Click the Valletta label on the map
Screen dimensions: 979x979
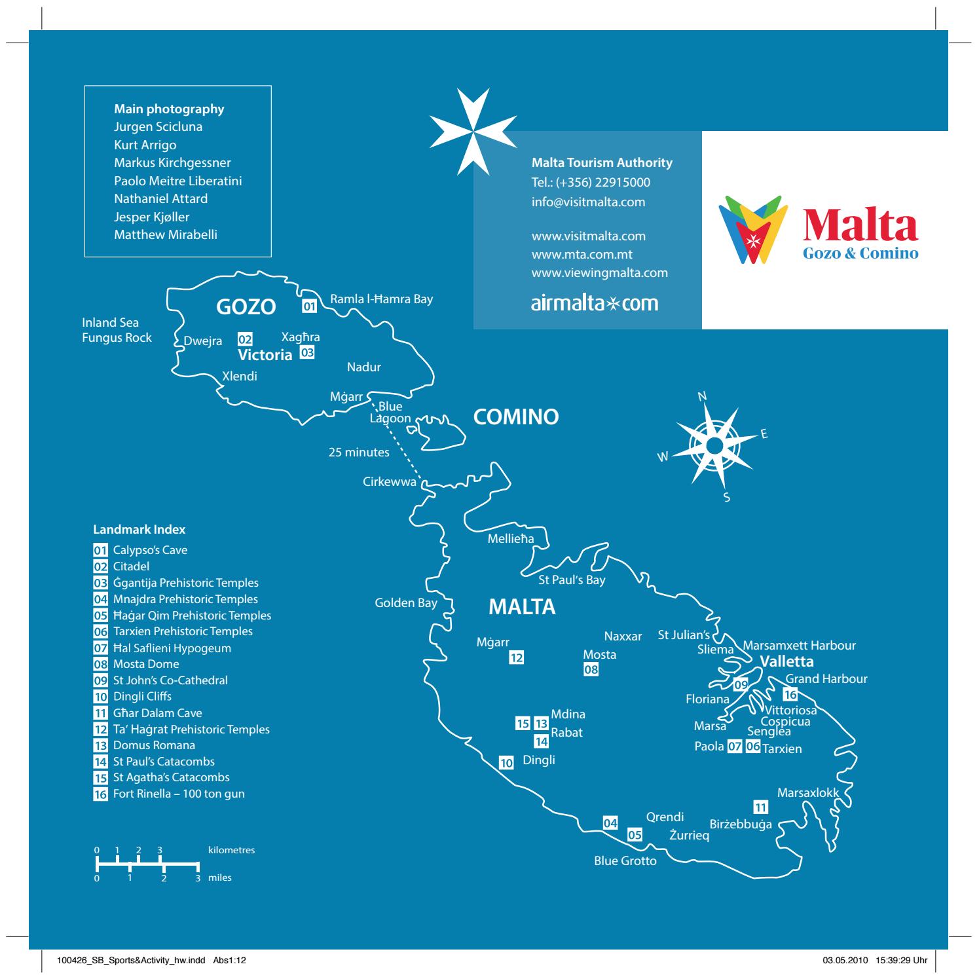(786, 661)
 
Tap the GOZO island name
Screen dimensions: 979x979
(246, 307)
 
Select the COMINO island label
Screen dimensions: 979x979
(516, 417)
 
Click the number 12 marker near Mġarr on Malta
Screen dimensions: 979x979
(517, 658)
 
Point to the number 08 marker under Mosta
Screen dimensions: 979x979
(591, 669)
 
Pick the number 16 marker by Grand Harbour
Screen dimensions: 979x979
(790, 695)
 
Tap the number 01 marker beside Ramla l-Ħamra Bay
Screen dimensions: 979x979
(309, 305)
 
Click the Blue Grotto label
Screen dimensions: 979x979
(625, 861)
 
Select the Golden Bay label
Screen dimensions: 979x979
(405, 603)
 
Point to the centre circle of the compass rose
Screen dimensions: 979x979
(714, 445)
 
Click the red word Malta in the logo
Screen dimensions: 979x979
(860, 224)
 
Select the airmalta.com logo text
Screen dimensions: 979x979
(595, 303)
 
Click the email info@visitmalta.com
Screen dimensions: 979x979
(588, 202)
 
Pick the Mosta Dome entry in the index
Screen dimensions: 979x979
(146, 664)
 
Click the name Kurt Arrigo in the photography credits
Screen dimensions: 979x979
(145, 145)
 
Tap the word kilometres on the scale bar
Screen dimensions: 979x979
(231, 850)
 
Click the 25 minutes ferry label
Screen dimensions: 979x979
(359, 453)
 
